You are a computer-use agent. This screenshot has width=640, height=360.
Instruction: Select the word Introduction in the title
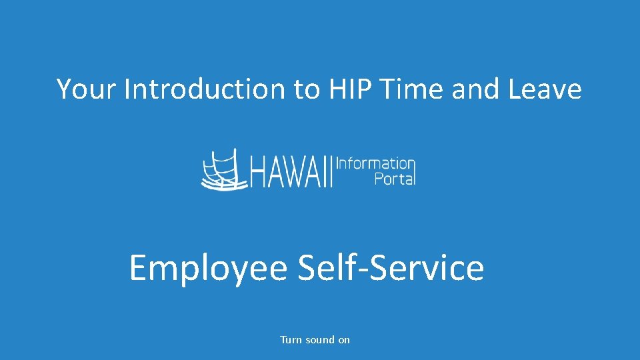204,89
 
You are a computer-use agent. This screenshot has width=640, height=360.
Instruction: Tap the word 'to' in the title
306,89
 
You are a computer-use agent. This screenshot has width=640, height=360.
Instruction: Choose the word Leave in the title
545,89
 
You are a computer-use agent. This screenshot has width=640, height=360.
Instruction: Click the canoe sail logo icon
221,169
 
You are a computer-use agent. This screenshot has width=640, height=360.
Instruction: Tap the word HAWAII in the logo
290,172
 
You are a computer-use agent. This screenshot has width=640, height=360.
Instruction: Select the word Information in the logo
376,163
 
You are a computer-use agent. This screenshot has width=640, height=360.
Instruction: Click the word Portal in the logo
395,179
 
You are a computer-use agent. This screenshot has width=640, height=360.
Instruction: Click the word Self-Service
391,268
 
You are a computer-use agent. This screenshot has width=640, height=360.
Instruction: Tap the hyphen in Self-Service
361,270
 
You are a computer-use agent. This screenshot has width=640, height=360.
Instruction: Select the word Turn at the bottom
291,340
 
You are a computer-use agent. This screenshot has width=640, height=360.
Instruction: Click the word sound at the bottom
319,340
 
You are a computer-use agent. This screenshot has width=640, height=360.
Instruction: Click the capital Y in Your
63,89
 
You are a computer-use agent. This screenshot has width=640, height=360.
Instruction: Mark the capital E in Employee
137,268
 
